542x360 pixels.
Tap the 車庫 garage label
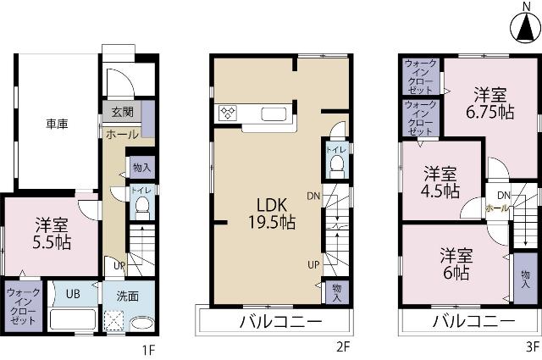(x=57, y=124)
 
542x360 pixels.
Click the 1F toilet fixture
(x=141, y=208)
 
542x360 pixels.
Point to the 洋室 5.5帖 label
(x=53, y=234)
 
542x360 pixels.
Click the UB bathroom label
(x=73, y=295)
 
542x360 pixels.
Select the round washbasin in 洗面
(x=141, y=324)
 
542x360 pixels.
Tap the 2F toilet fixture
(x=336, y=163)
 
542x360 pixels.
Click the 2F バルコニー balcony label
(x=280, y=323)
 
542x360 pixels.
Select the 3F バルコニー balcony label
(x=473, y=323)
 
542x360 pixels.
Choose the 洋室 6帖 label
(x=456, y=263)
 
